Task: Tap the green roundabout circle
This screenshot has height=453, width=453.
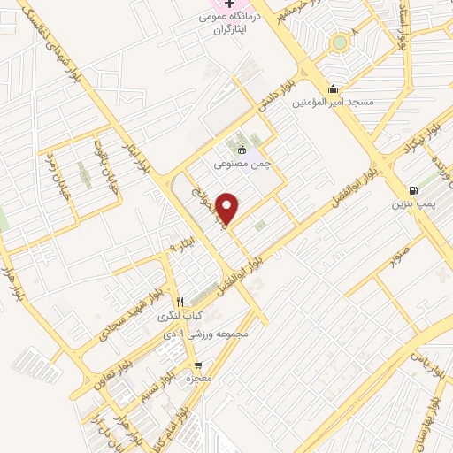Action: coord(340,42)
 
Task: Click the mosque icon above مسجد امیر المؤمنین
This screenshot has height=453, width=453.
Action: coord(333,88)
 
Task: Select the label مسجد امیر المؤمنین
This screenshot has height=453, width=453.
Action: coord(335,103)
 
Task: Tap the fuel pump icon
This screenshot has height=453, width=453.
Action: coord(413,190)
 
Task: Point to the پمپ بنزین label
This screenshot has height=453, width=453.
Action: coord(414,203)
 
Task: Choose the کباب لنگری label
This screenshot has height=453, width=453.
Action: coord(180,315)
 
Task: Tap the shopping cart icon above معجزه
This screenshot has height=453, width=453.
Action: coord(198,365)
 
